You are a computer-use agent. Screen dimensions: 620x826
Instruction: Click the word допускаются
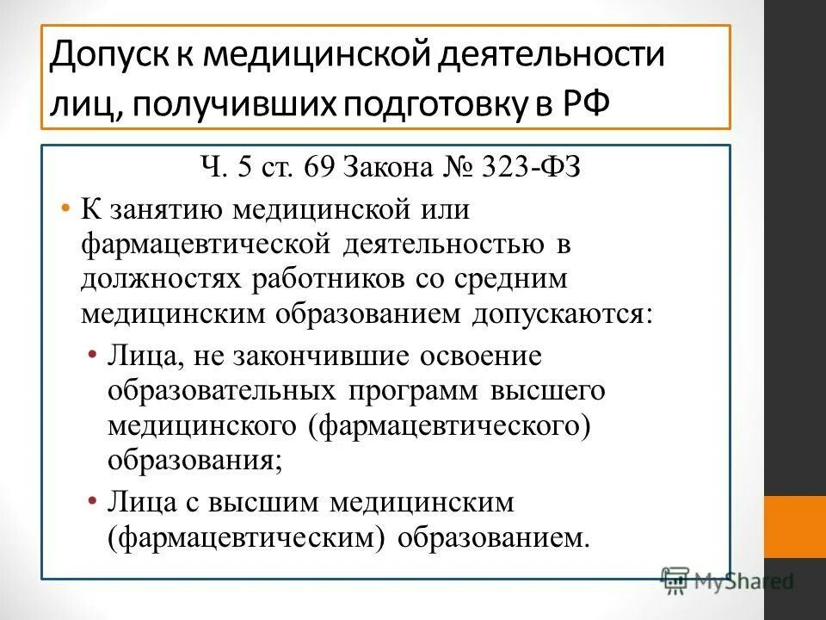[x=560, y=314]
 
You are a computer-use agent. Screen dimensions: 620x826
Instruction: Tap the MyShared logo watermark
[x=727, y=580]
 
